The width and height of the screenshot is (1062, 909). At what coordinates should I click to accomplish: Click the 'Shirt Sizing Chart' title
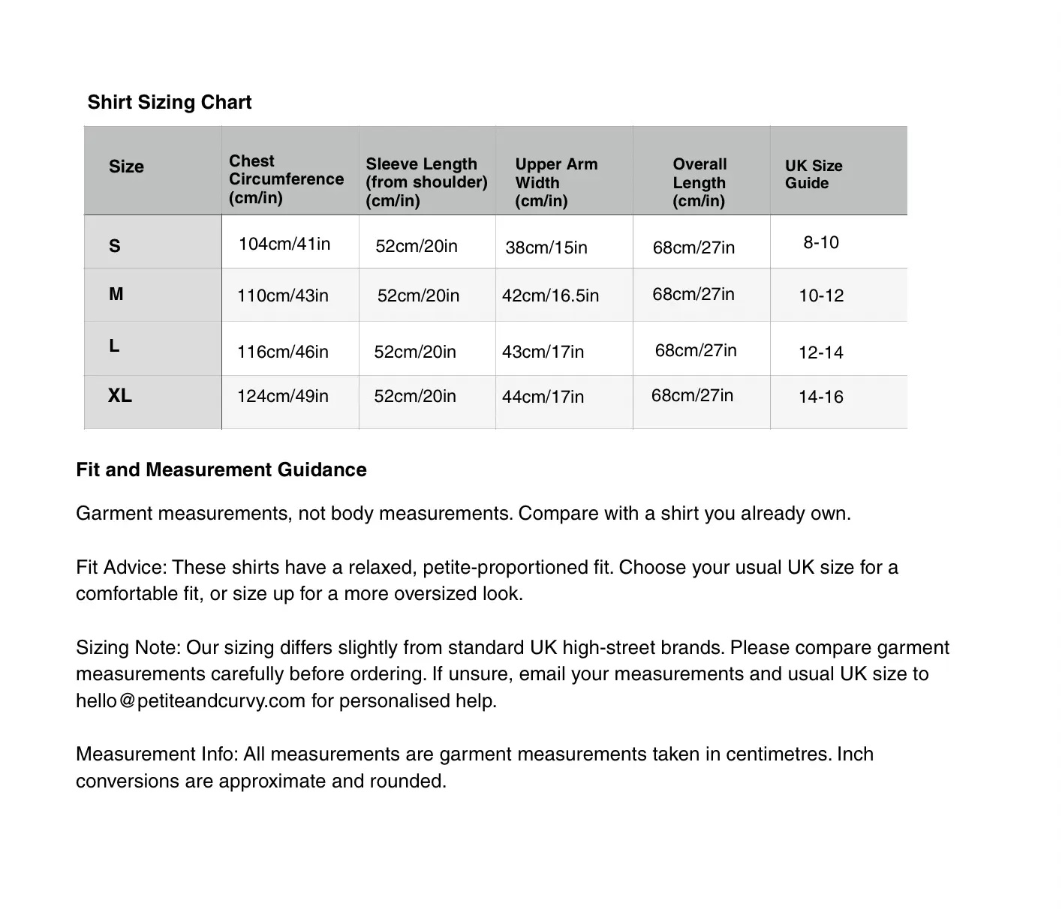click(169, 102)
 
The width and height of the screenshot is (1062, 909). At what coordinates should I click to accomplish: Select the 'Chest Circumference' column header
click(286, 179)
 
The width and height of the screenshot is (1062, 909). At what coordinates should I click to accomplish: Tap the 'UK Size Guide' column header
click(814, 174)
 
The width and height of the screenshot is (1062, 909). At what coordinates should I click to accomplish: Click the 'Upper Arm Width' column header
click(556, 182)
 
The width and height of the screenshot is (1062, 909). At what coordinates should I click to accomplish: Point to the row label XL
click(120, 395)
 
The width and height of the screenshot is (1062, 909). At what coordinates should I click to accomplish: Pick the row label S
click(115, 246)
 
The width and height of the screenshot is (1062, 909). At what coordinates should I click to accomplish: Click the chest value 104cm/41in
click(284, 244)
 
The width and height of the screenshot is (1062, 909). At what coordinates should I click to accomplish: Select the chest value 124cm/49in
click(283, 396)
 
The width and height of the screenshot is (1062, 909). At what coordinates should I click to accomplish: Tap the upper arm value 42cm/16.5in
click(550, 295)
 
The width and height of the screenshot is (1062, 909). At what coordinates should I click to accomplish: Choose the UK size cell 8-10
click(821, 242)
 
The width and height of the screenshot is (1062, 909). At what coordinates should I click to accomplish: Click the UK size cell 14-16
click(821, 397)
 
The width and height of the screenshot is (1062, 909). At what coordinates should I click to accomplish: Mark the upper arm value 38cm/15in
click(546, 247)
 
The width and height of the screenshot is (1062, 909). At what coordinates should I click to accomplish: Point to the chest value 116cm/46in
click(283, 352)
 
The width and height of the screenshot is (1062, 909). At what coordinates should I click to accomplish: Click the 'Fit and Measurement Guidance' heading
click(221, 469)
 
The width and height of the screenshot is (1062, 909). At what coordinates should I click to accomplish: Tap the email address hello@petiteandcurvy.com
click(191, 700)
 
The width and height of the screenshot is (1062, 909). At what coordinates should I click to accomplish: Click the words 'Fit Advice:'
click(121, 567)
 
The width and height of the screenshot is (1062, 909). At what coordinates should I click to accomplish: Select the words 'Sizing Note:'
click(128, 647)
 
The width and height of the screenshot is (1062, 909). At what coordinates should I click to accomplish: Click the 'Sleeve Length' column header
click(426, 182)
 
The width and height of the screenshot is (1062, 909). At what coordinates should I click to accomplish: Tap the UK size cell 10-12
click(821, 295)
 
